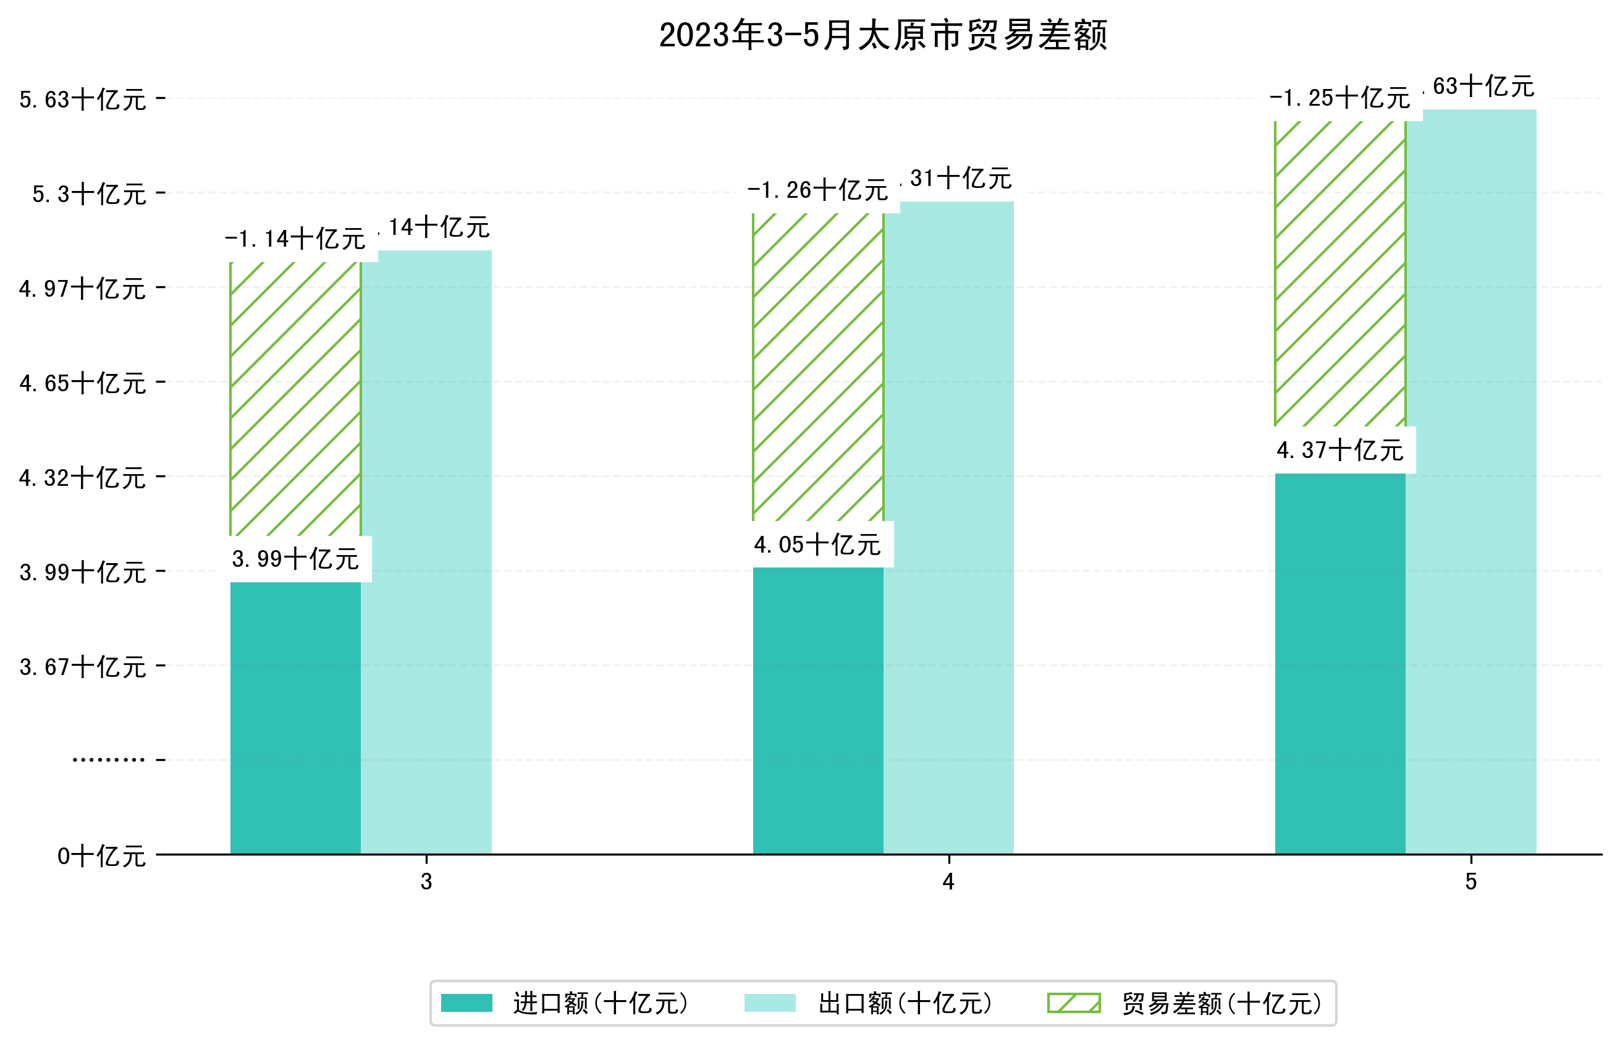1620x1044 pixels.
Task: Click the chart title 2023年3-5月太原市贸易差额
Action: pos(883,35)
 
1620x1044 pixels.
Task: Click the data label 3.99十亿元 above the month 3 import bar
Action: pos(295,559)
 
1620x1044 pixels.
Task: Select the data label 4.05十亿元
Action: pos(817,545)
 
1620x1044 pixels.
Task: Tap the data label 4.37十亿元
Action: pos(1339,450)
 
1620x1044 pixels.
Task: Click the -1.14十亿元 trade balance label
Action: pos(295,239)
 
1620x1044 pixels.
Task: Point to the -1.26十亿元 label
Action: pos(817,190)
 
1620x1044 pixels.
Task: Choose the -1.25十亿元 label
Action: pos(1339,98)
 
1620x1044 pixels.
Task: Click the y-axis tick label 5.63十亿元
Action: pos(83,100)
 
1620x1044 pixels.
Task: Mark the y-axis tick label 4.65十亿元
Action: pos(83,383)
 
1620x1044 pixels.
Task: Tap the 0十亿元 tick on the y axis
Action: pos(101,856)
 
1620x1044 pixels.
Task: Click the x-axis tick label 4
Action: pos(948,881)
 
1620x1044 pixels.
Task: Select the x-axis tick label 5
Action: pos(1470,881)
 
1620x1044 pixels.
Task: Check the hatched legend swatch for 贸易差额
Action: pos(1073,1003)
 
